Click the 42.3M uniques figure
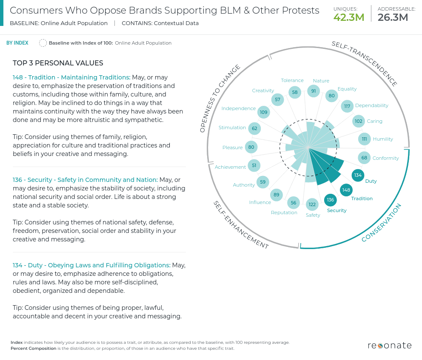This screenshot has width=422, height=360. point(349,17)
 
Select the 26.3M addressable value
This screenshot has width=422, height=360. point(393,17)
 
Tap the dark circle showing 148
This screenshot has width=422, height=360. point(346,190)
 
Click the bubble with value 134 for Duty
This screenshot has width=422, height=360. point(358,175)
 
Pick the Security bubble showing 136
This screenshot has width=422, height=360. point(331,200)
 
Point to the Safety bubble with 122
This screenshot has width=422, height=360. point(312,204)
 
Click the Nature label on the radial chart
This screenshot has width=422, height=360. point(321,81)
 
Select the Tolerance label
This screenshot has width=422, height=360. point(292,80)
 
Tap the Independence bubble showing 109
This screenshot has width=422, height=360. point(264,112)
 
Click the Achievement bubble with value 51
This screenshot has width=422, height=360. point(254,165)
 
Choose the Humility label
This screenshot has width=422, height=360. point(383,139)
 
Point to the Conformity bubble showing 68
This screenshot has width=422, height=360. point(364,158)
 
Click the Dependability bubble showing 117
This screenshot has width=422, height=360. point(347,106)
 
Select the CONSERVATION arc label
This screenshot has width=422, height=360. point(381,223)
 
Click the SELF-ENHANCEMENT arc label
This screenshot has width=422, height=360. point(240,225)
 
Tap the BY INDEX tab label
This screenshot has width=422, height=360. point(17,43)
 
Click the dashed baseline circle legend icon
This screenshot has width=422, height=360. point(43,43)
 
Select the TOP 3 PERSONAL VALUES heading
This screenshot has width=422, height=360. point(58,63)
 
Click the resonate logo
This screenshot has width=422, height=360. point(389,345)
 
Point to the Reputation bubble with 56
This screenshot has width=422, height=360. point(294,203)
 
